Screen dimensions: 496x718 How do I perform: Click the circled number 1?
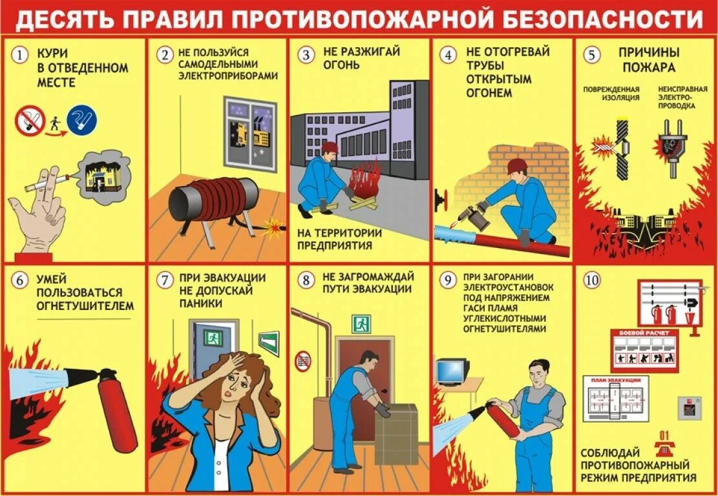click(21, 56)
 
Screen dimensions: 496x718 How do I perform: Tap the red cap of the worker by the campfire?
click(330, 147)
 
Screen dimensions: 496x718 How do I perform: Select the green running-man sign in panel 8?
click(361, 323)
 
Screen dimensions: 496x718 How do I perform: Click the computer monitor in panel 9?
click(452, 370)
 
